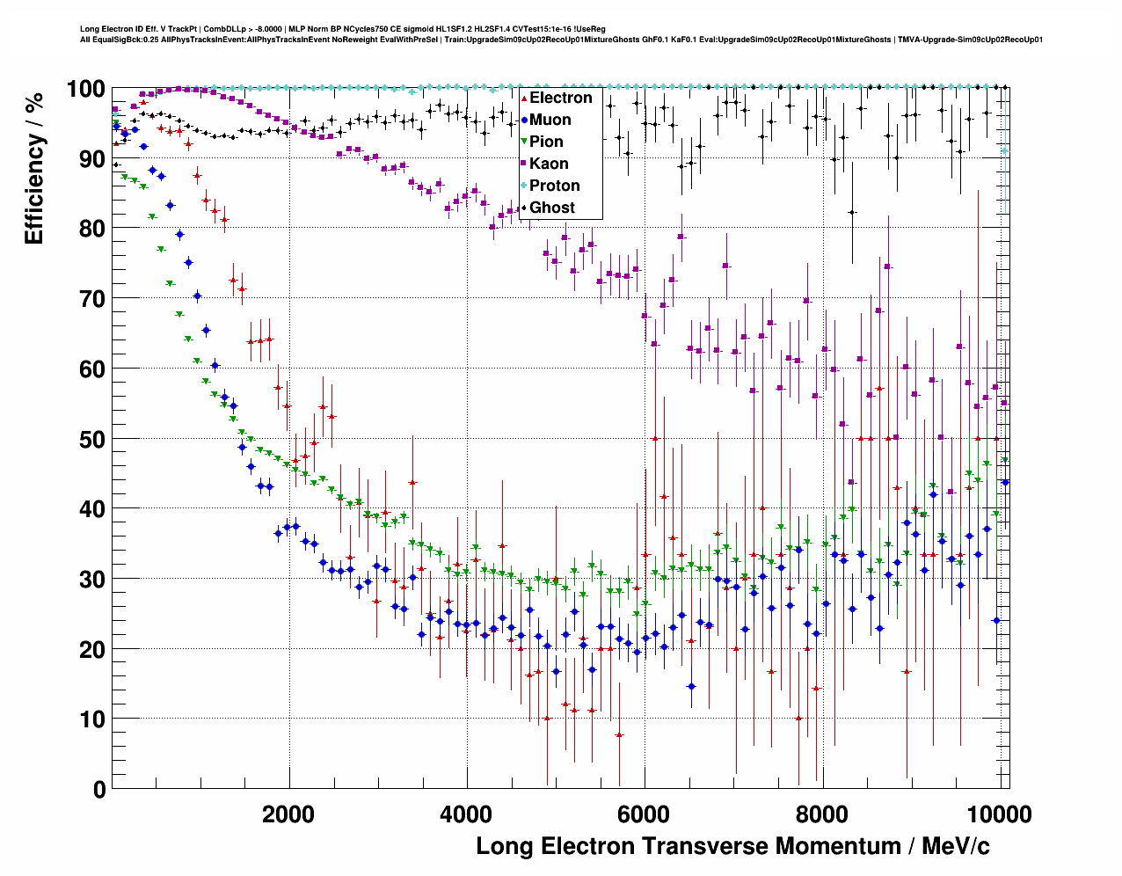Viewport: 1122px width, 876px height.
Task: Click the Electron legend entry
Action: coord(560,98)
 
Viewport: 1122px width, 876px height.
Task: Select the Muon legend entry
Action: coord(550,120)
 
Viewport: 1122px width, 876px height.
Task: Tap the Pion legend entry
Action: coord(546,142)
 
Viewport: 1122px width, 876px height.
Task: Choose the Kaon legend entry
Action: coord(549,164)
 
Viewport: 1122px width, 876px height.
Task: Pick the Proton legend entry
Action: coord(554,186)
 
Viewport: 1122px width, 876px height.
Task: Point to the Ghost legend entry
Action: coord(552,208)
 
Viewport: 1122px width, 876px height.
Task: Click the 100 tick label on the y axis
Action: coord(86,89)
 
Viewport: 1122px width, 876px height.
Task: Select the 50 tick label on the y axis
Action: coord(92,439)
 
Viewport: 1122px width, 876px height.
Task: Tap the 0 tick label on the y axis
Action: coord(99,789)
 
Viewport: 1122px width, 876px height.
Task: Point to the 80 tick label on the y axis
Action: coord(92,229)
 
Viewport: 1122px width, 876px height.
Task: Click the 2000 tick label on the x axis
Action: coord(288,814)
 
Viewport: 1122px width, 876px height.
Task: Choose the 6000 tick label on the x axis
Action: coord(645,814)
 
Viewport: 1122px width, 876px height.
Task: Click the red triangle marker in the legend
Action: coord(524,98)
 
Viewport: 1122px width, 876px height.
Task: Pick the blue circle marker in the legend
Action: coord(524,120)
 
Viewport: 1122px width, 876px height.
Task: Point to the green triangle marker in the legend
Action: coord(524,142)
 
